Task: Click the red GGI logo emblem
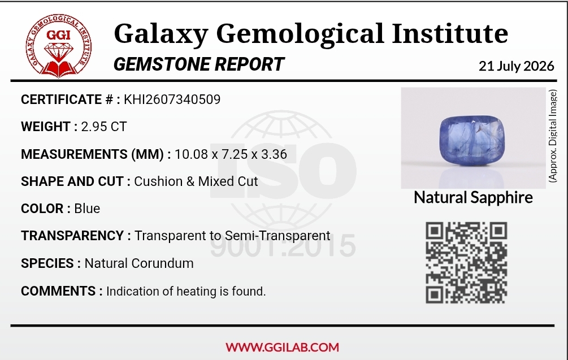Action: coord(59,46)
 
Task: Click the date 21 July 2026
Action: coord(516,66)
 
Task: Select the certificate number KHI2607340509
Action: coord(172,99)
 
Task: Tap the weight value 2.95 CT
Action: coord(104,127)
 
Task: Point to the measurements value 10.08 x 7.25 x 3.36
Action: coord(231,154)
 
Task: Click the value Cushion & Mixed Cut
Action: coord(196,181)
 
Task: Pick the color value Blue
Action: coord(87,209)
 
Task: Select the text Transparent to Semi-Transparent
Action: coord(232,236)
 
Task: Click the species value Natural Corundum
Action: coord(139,263)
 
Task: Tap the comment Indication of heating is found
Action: coord(186,291)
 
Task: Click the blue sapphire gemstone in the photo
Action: coord(472,141)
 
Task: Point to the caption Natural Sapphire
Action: coord(473,198)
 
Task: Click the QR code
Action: coord(466,263)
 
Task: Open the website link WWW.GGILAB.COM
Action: coord(282,348)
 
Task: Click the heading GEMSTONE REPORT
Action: coord(199,64)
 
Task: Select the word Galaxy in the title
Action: coord(161,34)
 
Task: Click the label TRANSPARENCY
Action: coord(72,236)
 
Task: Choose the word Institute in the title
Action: coord(450,33)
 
